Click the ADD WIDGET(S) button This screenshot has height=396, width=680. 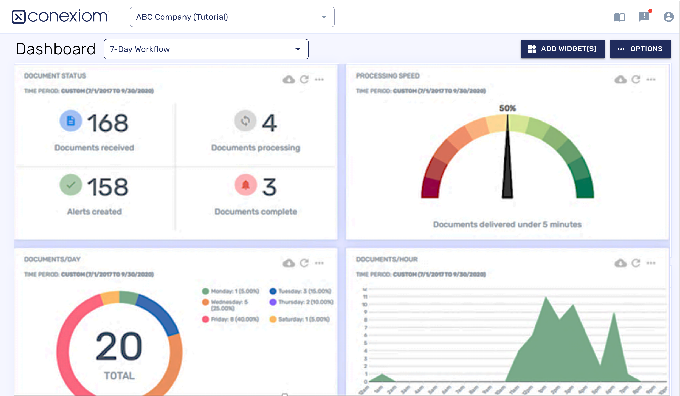coord(562,49)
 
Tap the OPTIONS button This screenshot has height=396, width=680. coord(640,49)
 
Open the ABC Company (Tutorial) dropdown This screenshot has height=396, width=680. coord(232,17)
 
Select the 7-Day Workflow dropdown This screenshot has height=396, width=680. coord(206,49)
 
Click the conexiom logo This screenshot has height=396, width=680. coord(60,16)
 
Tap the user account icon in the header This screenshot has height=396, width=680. coord(668,17)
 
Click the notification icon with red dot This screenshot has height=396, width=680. coord(644,16)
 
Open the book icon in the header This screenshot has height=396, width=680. coord(619,17)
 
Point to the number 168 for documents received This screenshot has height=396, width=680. coord(107,123)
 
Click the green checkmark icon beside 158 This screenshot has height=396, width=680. coord(71,185)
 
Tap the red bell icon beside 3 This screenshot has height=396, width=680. coord(246,185)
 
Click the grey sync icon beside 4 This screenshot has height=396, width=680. coord(245,121)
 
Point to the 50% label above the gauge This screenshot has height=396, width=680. coord(507,108)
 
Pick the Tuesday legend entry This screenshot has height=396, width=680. coord(300,291)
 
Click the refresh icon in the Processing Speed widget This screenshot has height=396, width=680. coord(636,79)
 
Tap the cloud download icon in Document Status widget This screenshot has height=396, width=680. coord(289,79)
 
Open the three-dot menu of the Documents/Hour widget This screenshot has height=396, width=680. coord(651,263)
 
